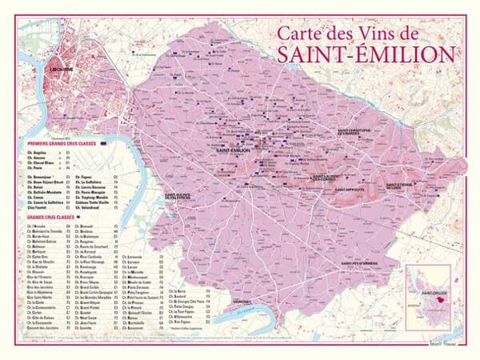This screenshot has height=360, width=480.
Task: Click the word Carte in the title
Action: (x=298, y=34)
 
